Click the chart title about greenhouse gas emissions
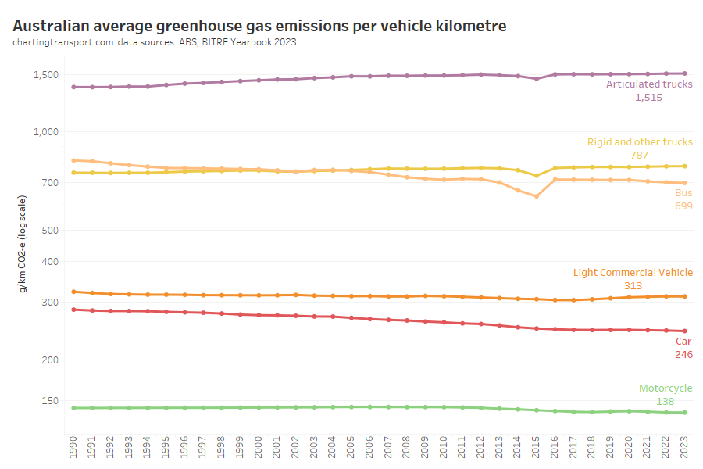259,26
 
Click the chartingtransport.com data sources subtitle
154,42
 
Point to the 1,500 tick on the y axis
45,75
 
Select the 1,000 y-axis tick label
45,132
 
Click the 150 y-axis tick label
50,401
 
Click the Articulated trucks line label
649,84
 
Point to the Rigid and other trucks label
640,142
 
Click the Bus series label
683,192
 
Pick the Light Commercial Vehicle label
633,273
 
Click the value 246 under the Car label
683,354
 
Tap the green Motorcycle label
666,388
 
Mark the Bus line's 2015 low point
537,196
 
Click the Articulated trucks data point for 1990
73,87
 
